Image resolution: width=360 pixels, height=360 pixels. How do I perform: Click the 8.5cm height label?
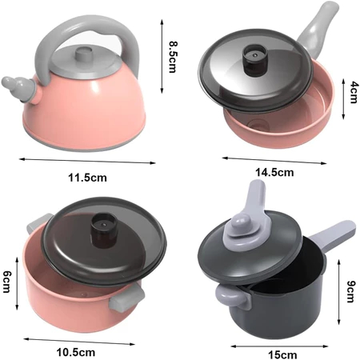(173, 57)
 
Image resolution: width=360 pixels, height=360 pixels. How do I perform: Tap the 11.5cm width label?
(87, 178)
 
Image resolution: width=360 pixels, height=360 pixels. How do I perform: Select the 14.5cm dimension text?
(274, 172)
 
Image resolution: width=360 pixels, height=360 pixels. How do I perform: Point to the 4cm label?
(354, 92)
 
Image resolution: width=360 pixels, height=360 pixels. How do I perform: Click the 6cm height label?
(7, 282)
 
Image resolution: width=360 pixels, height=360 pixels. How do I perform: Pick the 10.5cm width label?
(76, 352)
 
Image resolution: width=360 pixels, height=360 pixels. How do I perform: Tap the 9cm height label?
(351, 291)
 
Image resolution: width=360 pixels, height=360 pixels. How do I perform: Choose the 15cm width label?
(282, 355)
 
